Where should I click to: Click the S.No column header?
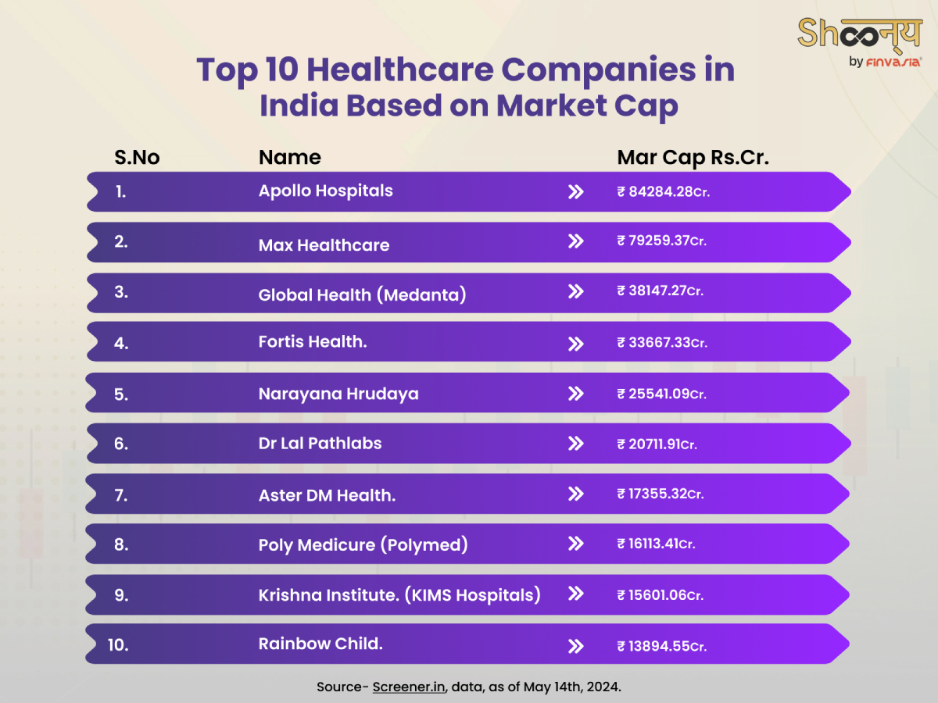(137, 157)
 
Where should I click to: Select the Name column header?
(289, 157)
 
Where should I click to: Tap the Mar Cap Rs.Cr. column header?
(693, 157)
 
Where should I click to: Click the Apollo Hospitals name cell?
(325, 191)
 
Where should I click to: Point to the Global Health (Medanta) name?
(362, 294)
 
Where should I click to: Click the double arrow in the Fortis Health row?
(575, 344)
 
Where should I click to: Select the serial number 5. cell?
(121, 394)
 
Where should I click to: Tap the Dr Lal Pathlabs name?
(320, 444)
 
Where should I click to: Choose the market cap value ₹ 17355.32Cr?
(661, 494)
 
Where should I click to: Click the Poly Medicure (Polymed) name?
(363, 544)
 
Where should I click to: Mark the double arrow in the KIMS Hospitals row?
(575, 594)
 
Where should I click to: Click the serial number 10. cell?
(118, 645)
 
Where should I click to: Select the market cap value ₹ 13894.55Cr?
(661, 646)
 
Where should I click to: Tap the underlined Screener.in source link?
(409, 687)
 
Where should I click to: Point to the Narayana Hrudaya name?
(338, 394)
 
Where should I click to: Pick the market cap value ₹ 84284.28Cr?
(663, 191)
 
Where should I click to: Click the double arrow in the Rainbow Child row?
(575, 646)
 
